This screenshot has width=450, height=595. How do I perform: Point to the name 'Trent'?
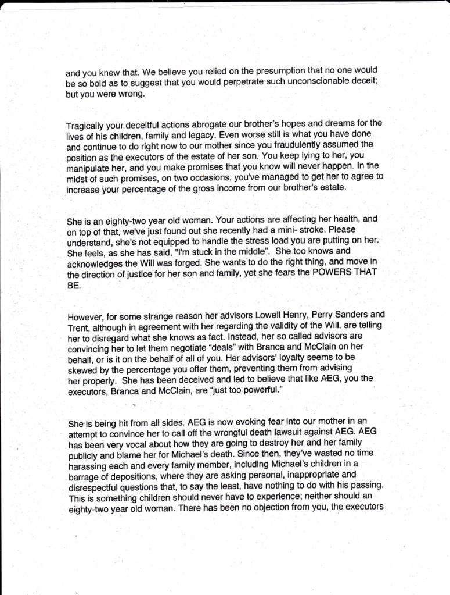[x=78, y=328]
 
